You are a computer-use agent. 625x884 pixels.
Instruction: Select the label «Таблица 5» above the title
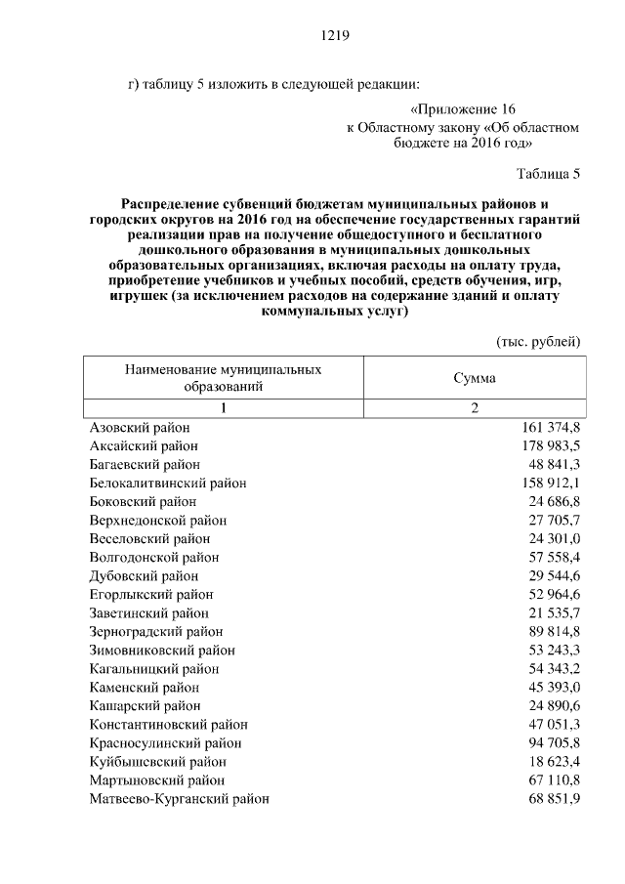coord(548,174)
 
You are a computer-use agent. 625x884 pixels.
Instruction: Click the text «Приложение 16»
coord(463,108)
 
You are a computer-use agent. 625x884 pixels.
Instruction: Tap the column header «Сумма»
coord(475,378)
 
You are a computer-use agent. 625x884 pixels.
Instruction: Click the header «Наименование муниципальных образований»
coord(224,378)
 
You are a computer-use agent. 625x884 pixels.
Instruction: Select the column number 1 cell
coord(224,408)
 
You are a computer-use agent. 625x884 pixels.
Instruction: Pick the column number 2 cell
coord(475,408)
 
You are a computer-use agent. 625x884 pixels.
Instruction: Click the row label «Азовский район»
coord(140,428)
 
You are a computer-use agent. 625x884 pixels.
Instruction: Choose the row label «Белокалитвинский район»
coord(168,484)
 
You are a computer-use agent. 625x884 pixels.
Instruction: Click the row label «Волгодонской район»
coord(154,558)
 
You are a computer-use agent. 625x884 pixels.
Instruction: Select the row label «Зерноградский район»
coord(156,632)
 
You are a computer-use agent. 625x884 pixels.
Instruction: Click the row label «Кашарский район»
coord(146,706)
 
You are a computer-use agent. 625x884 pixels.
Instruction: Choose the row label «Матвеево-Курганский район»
coord(180,799)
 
